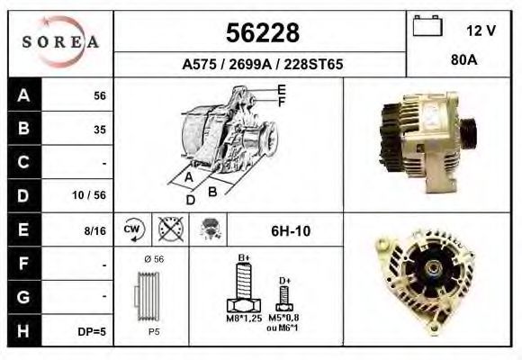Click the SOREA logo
pyautogui.click(x=60, y=42)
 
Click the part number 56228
pyautogui.click(x=263, y=33)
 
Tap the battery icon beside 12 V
pyautogui.click(x=427, y=25)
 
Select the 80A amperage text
pyautogui.click(x=464, y=60)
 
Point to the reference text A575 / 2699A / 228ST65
pyautogui.click(x=262, y=64)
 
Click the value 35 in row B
pyautogui.click(x=100, y=130)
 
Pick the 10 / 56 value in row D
pyautogui.click(x=89, y=195)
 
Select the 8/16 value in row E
pyautogui.click(x=94, y=230)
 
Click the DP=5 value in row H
pyautogui.click(x=92, y=332)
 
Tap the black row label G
pyautogui.click(x=23, y=297)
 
